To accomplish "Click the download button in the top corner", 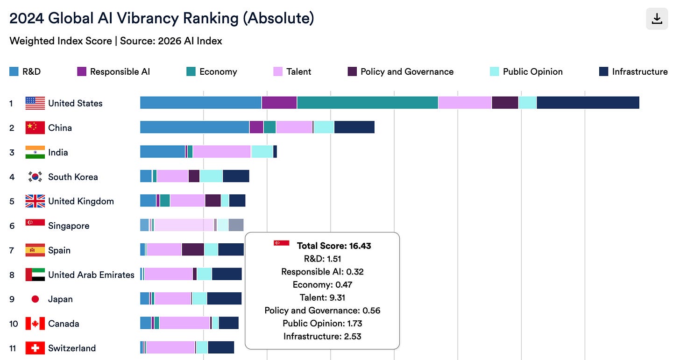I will pos(657,19).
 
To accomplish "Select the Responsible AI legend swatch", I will pos(82,71).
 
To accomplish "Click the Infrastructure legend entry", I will pos(633,71).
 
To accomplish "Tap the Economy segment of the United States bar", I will pos(367,103).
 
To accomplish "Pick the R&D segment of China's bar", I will pos(194,127).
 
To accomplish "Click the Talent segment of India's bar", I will pos(222,152).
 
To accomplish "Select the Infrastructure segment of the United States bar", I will pos(588,103).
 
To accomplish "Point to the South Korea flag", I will pos(35,176).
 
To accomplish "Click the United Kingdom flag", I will pos(35,201).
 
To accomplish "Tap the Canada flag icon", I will pos(35,324).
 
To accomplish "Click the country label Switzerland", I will pos(72,348).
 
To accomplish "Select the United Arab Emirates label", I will pos(91,275).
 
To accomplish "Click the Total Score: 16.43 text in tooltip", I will pos(334,246).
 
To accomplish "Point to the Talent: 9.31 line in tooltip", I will pos(322,297).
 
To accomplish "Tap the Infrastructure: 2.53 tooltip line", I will pos(322,336).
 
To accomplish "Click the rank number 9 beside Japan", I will pos(12,299).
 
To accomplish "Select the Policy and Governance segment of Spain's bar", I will pos(193,250).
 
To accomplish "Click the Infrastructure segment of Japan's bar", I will pos(224,299).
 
